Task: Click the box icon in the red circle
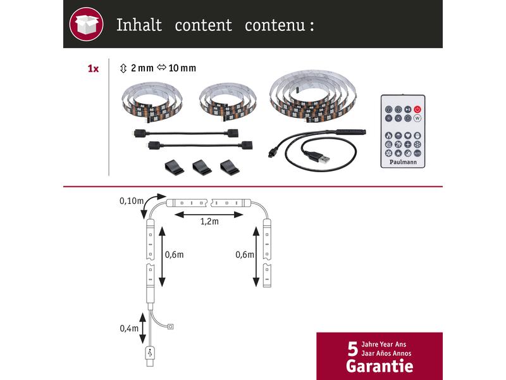point(86,24)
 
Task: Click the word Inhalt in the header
point(139,25)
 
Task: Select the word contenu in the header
point(275,25)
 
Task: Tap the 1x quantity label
point(93,68)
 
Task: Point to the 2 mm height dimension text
point(142,68)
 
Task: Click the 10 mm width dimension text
point(182,68)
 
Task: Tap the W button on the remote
point(417,118)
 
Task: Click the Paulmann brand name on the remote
point(403,162)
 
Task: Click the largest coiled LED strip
point(312,96)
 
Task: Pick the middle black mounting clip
point(202,167)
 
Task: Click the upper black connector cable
point(186,133)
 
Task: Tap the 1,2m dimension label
point(209,221)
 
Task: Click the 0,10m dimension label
point(132,201)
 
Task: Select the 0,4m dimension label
point(129,328)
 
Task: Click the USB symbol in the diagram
point(150,353)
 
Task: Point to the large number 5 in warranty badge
point(353,349)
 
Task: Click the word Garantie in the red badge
point(379,366)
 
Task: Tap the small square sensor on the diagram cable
point(171,326)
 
